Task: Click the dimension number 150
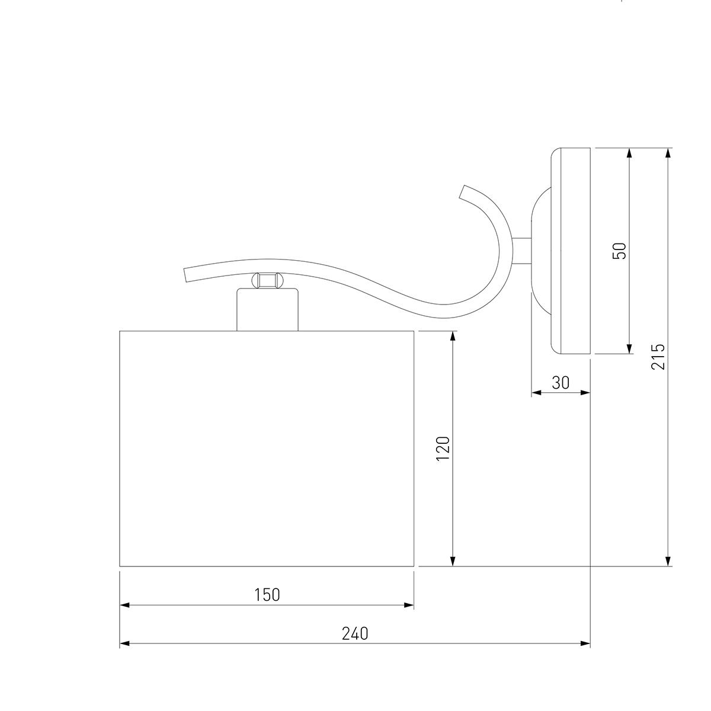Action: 267,594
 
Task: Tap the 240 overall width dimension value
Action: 355,633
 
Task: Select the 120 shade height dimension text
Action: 443,448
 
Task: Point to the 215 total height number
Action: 658,357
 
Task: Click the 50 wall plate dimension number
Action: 620,251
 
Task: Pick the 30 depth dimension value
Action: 561,383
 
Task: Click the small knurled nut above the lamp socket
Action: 267,280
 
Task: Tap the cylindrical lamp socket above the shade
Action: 267,309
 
